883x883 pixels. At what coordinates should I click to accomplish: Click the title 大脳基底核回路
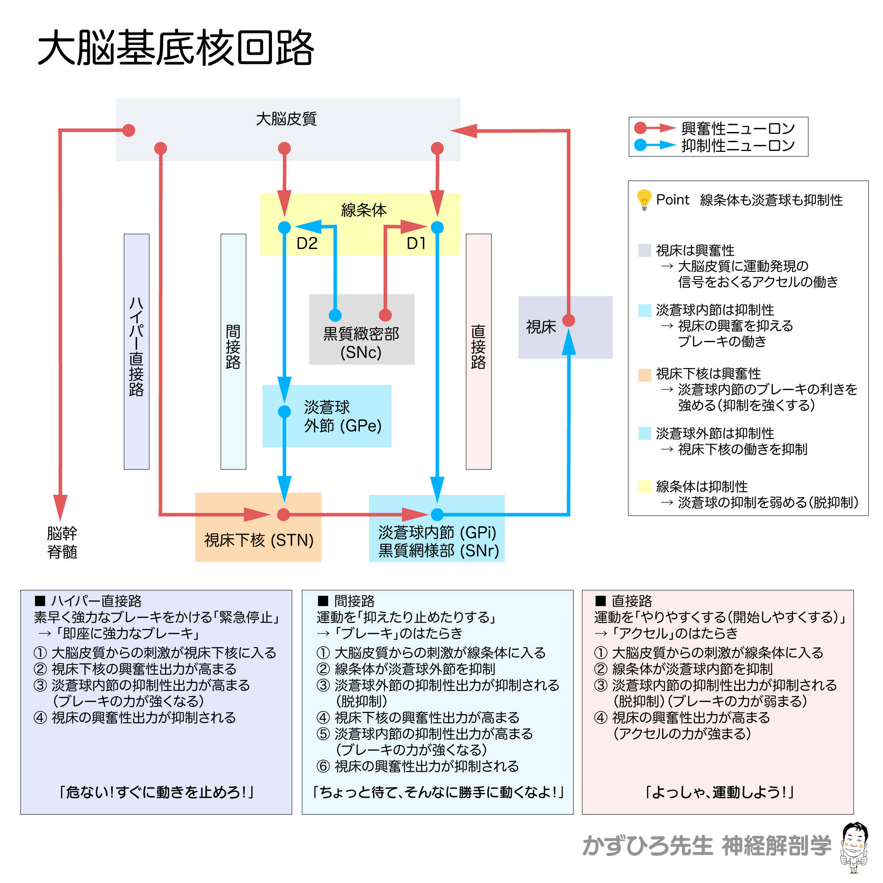(176, 49)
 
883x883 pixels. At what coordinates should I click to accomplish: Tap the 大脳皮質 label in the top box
(286, 119)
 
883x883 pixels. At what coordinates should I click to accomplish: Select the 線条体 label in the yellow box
(363, 210)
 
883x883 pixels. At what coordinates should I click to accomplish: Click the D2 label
(307, 244)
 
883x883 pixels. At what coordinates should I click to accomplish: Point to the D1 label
(416, 244)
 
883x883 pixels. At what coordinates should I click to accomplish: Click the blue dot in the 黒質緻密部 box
(335, 315)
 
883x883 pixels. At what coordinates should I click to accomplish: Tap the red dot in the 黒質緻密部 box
(385, 315)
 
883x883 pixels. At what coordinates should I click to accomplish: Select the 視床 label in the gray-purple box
(541, 327)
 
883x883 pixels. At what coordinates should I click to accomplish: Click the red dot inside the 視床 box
(569, 321)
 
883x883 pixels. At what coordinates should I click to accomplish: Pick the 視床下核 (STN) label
(259, 540)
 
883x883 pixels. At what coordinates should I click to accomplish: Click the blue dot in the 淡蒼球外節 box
(284, 411)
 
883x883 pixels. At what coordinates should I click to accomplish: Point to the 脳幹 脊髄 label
(62, 543)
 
